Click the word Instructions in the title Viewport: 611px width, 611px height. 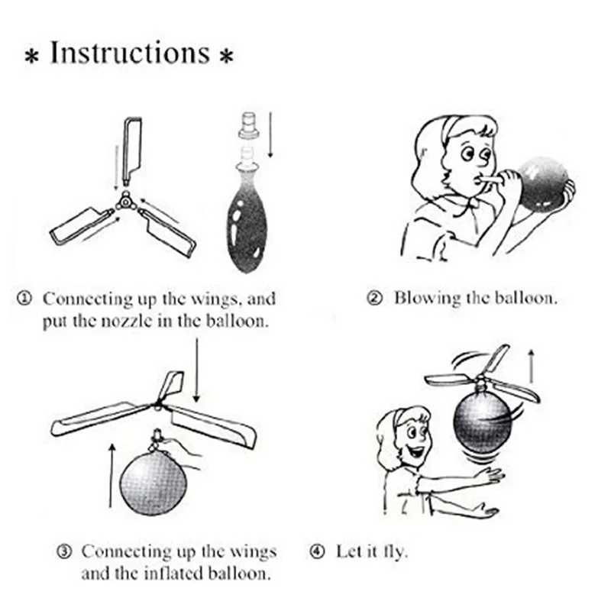131,53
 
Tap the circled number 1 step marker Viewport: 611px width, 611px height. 24,299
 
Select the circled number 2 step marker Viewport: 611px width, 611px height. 374,298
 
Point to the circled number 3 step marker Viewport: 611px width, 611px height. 64,551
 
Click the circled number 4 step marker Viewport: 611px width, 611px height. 317,551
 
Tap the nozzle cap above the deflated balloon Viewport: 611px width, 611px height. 249,124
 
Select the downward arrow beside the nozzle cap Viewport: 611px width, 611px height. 270,135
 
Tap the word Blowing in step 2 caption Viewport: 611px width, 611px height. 427,299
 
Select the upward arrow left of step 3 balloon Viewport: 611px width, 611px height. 112,475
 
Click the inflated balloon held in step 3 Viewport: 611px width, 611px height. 154,483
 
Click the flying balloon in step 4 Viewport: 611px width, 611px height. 483,423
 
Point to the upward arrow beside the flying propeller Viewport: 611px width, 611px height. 531,366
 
